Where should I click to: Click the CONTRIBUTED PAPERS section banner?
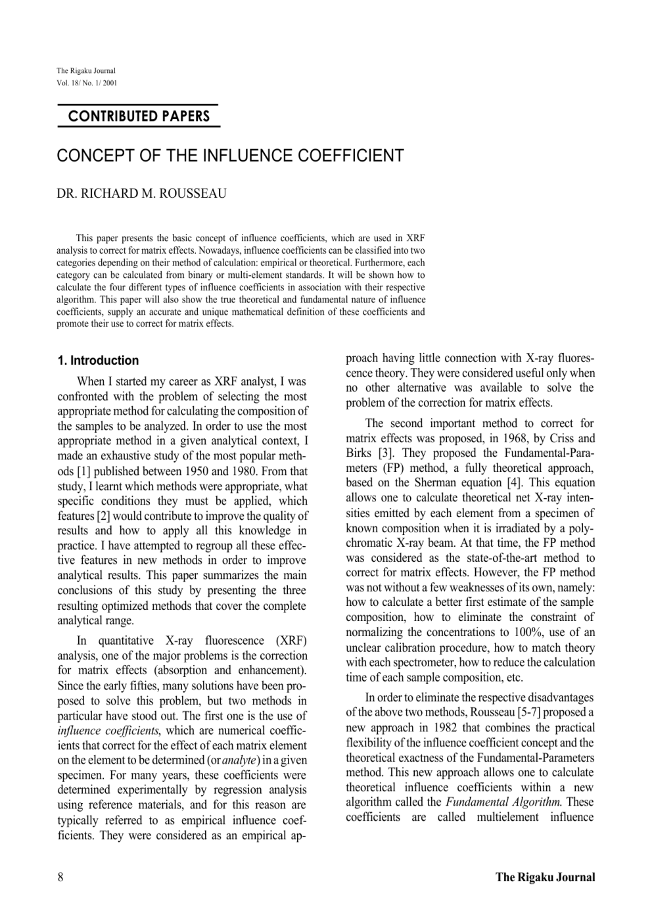(x=139, y=116)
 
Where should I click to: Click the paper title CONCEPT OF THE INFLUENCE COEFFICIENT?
(x=230, y=156)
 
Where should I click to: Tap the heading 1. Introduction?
(x=98, y=360)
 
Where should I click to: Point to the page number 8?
(x=60, y=877)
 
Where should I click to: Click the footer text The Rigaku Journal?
(x=545, y=877)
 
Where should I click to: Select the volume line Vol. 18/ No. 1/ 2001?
(x=87, y=82)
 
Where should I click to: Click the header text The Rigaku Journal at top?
(x=85, y=71)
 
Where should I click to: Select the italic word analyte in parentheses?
(x=239, y=760)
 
